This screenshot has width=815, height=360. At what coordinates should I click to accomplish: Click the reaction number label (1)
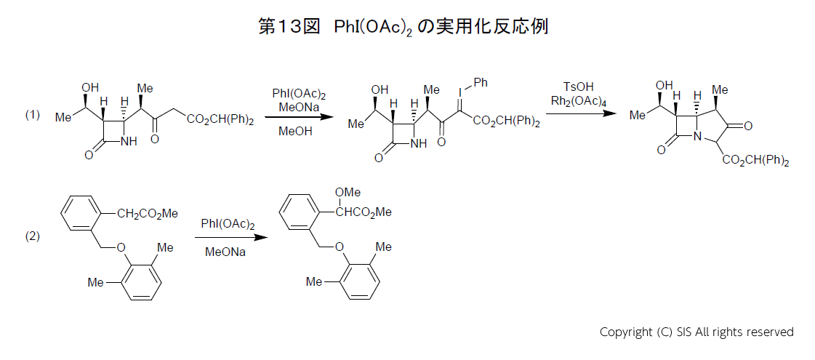point(33,115)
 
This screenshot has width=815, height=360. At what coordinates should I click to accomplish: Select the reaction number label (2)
point(33,236)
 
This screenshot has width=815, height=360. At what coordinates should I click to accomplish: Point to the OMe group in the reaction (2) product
point(348,192)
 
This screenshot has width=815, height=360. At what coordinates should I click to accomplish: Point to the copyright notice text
point(696,332)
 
